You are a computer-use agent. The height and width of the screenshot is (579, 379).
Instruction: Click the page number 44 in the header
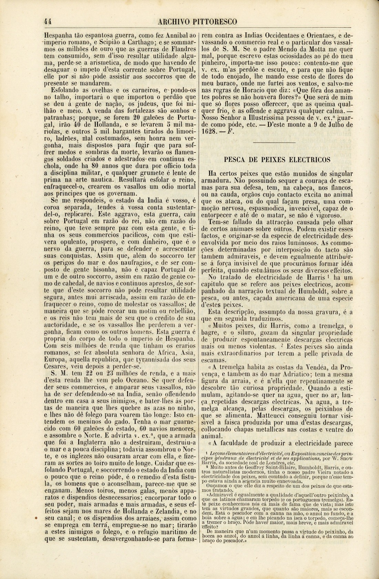48,22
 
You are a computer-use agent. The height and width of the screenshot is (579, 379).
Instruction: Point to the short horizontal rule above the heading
274,142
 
